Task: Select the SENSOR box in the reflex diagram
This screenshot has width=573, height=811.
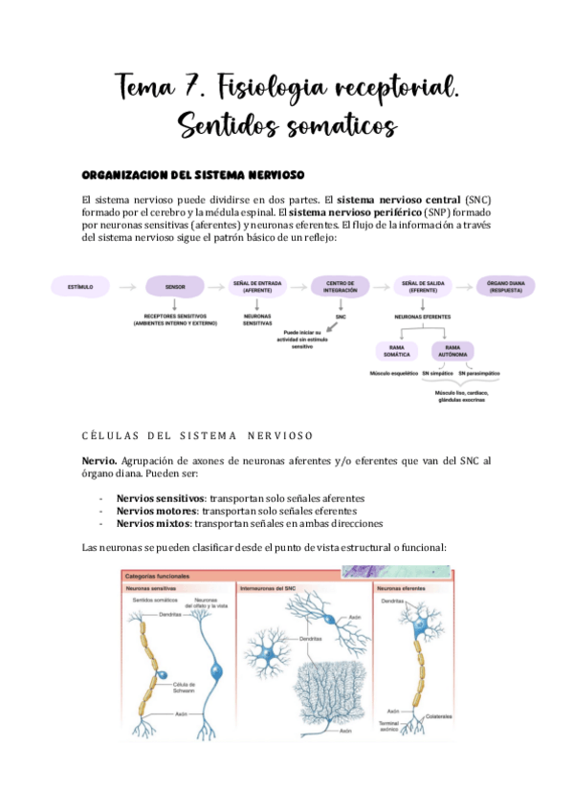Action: (174, 286)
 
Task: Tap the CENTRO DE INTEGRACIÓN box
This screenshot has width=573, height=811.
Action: (340, 286)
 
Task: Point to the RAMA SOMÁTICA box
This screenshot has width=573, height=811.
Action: (398, 351)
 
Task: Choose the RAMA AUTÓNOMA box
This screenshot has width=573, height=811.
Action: (455, 351)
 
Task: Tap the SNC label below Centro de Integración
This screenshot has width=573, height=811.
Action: (340, 316)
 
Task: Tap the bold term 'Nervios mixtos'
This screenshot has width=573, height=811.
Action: (153, 523)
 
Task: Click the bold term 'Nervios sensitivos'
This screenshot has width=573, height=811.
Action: (159, 498)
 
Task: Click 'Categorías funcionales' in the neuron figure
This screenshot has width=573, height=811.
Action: (158, 577)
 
